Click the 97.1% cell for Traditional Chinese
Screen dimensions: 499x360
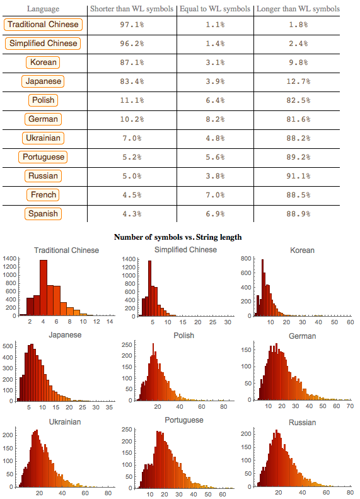[132, 25]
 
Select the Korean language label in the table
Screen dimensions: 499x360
[44, 62]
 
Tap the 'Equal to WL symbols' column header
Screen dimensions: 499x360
[215, 9]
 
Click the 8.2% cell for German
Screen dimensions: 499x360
[215, 119]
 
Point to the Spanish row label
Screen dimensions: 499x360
[44, 214]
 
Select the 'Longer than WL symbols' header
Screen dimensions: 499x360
[298, 9]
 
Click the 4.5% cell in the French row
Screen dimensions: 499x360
[132, 195]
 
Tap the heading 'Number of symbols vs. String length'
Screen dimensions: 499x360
[178, 237]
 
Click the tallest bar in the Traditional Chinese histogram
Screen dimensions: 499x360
[44, 288]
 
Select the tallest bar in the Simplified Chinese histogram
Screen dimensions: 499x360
[149, 288]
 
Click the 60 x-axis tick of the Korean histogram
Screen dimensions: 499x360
[351, 322]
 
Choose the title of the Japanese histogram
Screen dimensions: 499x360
[66, 335]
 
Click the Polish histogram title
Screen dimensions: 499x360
[183, 336]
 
